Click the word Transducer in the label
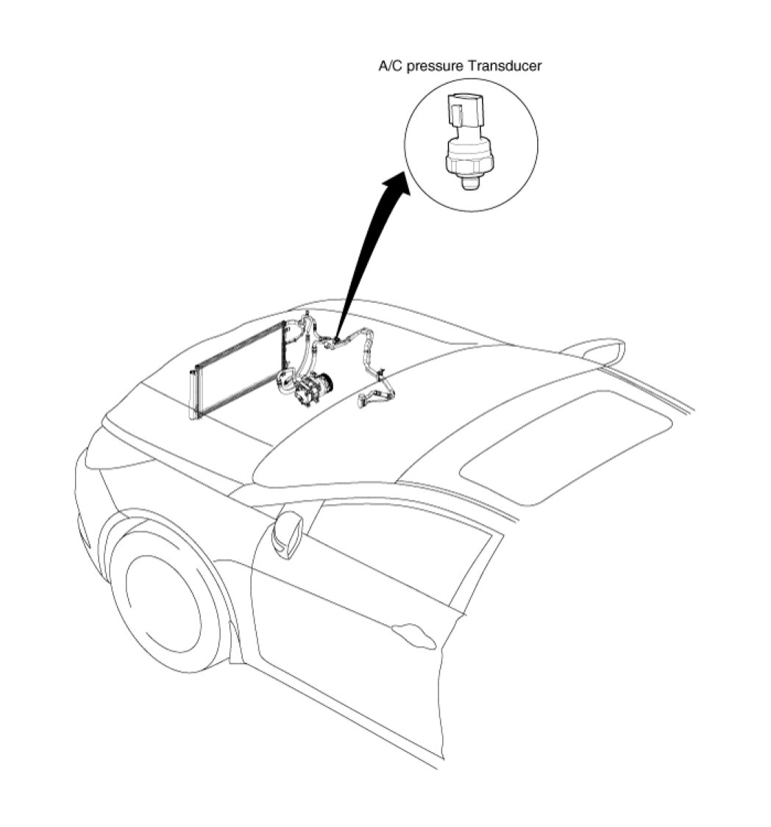[x=507, y=66]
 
